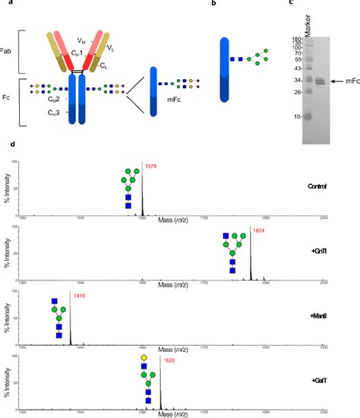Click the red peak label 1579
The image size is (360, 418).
(x=150, y=164)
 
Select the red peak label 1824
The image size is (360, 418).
(x=259, y=230)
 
